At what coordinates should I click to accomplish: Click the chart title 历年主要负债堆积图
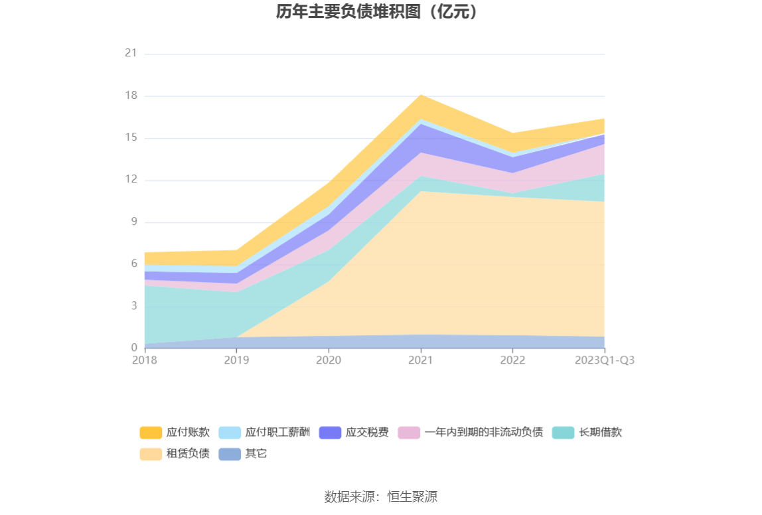click(x=376, y=13)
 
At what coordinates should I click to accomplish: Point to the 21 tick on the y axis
click(x=131, y=54)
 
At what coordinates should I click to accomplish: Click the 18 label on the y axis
click(x=131, y=96)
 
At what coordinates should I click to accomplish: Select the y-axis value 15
click(x=131, y=138)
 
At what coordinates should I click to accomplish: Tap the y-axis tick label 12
click(x=131, y=180)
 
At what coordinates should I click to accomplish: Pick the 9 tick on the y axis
click(x=133, y=222)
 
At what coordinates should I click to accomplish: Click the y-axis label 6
click(x=133, y=264)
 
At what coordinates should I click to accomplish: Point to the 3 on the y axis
click(x=133, y=306)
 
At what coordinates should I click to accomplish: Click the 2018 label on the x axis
click(x=144, y=360)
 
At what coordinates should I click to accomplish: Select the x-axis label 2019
click(x=236, y=360)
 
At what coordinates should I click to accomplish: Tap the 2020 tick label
click(x=329, y=360)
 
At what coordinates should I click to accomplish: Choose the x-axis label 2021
click(x=420, y=360)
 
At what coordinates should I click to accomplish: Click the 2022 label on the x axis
click(x=512, y=360)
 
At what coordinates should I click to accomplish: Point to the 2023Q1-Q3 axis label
click(x=604, y=360)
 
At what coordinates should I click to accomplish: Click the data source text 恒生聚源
click(x=380, y=496)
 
